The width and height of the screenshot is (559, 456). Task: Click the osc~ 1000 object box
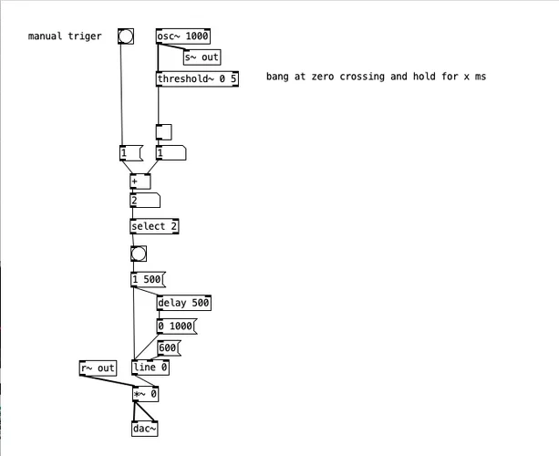point(183,36)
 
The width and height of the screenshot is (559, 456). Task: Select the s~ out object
point(202,57)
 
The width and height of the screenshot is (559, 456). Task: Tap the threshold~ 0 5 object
point(198,78)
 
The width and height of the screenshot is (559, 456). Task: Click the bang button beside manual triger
point(126,36)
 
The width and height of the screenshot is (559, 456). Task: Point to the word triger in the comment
point(85,36)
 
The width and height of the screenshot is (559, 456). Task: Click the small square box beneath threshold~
point(163,131)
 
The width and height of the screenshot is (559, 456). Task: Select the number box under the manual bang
point(130,153)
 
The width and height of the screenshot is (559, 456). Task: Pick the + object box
point(140,181)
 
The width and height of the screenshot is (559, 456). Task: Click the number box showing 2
point(145,201)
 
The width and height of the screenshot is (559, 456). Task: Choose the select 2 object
point(154,226)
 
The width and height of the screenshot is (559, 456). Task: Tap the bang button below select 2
point(139,254)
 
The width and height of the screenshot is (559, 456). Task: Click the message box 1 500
point(148,279)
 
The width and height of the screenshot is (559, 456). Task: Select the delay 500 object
point(184,303)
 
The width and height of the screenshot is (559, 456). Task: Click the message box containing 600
point(169,347)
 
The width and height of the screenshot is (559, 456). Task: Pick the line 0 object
point(150,368)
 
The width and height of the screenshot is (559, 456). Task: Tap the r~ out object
point(98,368)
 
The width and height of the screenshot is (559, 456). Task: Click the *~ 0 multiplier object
point(145,394)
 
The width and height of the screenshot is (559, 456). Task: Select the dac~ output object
point(145,428)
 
